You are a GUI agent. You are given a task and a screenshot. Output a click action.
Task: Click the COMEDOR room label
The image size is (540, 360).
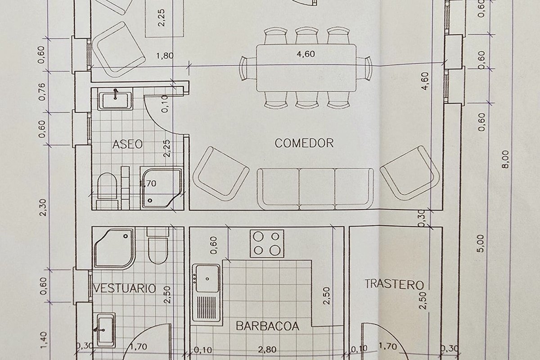pyautogui.click(x=304, y=143)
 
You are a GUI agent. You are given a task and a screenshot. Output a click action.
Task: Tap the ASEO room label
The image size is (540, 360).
pyautogui.click(x=127, y=144)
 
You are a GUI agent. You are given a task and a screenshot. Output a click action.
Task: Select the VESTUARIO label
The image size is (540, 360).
pyautogui.click(x=125, y=288)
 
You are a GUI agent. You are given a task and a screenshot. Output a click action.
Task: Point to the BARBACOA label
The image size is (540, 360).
pyautogui.click(x=268, y=326)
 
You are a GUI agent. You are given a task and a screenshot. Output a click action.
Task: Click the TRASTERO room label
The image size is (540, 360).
pyautogui.click(x=394, y=284)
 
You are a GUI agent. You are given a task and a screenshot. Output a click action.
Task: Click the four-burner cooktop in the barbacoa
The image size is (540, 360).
pyautogui.click(x=267, y=243)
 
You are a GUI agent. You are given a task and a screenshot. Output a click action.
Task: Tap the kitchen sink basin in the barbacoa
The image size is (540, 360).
pyautogui.click(x=207, y=279)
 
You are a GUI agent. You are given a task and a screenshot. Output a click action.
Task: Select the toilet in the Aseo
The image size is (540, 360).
pyautogui.click(x=107, y=190)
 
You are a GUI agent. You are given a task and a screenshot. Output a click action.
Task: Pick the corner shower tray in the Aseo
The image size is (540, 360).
pyautogui.click(x=161, y=188)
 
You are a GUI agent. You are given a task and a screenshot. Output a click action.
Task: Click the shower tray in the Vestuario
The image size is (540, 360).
pyautogui.click(x=114, y=248)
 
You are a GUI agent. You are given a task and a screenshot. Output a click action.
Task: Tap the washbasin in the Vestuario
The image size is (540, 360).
pyautogui.click(x=106, y=330)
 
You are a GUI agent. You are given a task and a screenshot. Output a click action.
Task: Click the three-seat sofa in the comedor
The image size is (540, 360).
pyautogui.click(x=315, y=189)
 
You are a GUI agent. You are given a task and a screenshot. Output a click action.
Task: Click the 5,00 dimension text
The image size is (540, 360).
pyautogui.click(x=481, y=243)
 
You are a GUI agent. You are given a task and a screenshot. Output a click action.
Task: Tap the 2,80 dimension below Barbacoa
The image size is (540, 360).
pyautogui.click(x=267, y=349)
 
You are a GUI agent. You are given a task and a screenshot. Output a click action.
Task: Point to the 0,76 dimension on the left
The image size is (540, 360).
pyautogui.click(x=42, y=92)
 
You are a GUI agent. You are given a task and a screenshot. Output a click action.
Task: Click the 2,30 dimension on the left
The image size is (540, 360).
pyautogui.click(x=43, y=207)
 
